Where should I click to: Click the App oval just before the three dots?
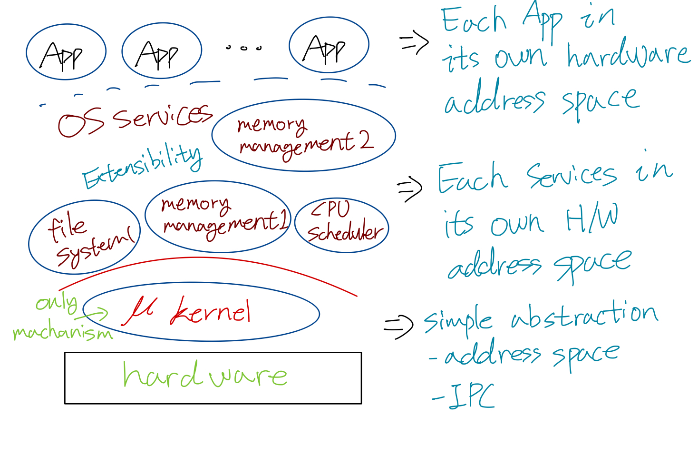(162, 50)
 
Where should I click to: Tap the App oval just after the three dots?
(329, 45)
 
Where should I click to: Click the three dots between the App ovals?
(244, 48)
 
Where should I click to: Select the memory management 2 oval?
(303, 135)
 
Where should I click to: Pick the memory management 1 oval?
(218, 216)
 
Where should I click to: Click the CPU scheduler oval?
(342, 225)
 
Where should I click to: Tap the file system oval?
(84, 237)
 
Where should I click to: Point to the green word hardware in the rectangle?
(204, 375)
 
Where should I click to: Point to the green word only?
(57, 303)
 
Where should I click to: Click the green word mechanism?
(63, 332)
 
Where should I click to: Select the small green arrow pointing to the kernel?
(97, 314)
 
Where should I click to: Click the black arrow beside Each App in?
(414, 43)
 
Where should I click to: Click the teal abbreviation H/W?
(591, 218)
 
